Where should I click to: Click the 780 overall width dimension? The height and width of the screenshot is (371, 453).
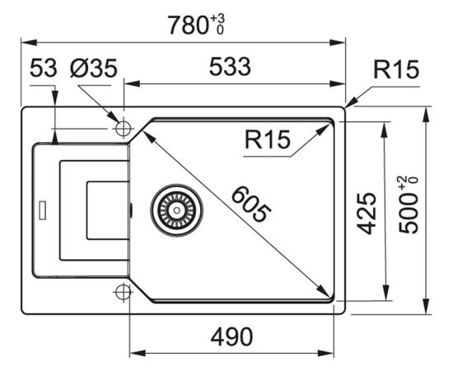[188, 26]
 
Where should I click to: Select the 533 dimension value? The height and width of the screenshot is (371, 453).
[230, 67]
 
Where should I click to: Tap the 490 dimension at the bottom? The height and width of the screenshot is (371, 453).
[231, 337]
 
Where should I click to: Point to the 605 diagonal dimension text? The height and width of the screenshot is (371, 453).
[251, 204]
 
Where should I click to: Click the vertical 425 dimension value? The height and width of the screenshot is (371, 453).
[367, 213]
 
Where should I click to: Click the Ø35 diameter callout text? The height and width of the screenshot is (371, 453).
[94, 68]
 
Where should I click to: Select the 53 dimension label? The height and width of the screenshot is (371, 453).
[44, 68]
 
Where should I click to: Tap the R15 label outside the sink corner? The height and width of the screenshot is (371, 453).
[396, 69]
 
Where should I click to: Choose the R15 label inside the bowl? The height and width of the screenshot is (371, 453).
[267, 139]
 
